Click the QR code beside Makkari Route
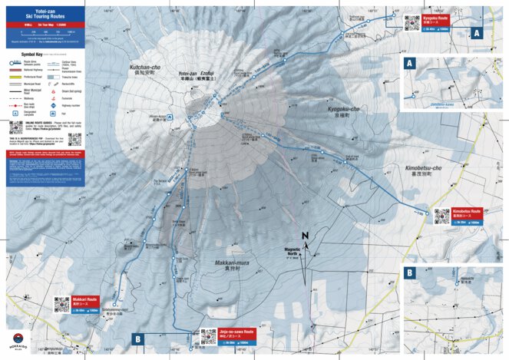pyautogui.click(x=62, y=304)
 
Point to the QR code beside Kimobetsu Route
pyautogui.click(x=441, y=216)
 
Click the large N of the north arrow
pyautogui.click(x=305, y=236)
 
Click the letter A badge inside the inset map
pyautogui.click(x=409, y=63)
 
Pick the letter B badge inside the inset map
pyautogui.click(x=409, y=272)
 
